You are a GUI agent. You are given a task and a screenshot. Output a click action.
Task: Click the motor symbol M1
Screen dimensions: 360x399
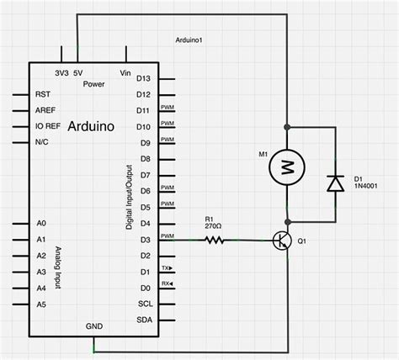[287, 167]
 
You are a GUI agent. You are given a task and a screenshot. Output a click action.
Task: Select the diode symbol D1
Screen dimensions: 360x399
[335, 182]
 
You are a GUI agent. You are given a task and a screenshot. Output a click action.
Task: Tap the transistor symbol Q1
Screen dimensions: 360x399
[283, 241]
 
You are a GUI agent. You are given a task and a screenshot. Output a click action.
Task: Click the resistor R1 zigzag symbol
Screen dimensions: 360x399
[215, 241]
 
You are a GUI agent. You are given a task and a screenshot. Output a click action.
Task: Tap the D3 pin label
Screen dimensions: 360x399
[144, 241]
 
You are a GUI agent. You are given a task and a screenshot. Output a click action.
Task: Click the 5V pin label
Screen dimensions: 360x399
[77, 73]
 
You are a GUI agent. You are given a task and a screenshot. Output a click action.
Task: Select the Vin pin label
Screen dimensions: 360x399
[126, 73]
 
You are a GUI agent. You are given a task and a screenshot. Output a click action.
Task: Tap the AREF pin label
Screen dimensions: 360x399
[46, 111]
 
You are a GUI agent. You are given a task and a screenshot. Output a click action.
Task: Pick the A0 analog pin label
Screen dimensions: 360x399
[41, 224]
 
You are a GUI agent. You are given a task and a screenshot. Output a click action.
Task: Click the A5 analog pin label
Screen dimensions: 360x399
[41, 304]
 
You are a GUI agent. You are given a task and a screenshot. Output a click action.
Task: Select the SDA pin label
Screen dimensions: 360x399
[144, 320]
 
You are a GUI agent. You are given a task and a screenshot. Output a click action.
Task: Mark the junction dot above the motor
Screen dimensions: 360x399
[287, 128]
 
